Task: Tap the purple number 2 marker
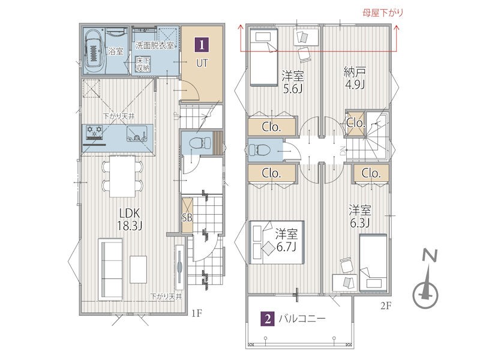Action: pyautogui.click(x=268, y=319)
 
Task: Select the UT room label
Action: pyautogui.click(x=202, y=64)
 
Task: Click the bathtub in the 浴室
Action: pyautogui.click(x=94, y=51)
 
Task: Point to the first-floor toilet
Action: pyautogui.click(x=200, y=143)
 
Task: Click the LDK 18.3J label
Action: pyautogui.click(x=130, y=220)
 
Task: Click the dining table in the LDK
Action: pyautogui.click(x=122, y=176)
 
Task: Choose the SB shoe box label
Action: pyautogui.click(x=187, y=217)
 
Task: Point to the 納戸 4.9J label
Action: pyautogui.click(x=355, y=79)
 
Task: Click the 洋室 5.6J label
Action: pyautogui.click(x=293, y=82)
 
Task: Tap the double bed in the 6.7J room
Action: pyautogui.click(x=277, y=242)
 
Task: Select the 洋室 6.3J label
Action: pyautogui.click(x=359, y=216)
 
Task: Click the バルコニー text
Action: pyautogui.click(x=302, y=319)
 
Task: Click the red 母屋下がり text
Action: pyautogui.click(x=383, y=13)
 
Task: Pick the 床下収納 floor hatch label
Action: pyautogui.click(x=143, y=64)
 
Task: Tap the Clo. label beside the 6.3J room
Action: pyautogui.click(x=371, y=173)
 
